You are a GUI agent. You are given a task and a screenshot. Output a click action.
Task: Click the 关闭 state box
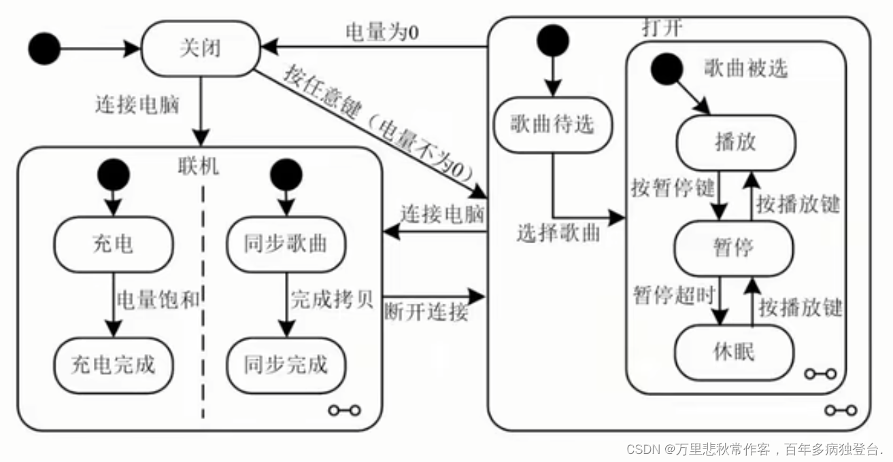coord(200,49)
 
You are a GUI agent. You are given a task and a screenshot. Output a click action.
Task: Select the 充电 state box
coord(114,244)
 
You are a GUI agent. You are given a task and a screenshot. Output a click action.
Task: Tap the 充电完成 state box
coord(114,365)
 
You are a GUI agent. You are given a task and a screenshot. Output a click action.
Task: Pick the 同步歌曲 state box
coord(286,244)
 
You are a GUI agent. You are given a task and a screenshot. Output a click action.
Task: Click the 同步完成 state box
coord(286,365)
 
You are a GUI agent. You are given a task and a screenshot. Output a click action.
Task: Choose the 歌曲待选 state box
coord(552,124)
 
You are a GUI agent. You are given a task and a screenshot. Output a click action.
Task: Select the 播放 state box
coord(735,142)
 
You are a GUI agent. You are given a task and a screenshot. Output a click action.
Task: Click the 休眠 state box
coord(734,352)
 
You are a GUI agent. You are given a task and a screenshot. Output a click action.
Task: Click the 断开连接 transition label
coord(426,313)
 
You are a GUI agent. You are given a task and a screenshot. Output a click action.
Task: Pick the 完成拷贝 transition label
coord(333,299)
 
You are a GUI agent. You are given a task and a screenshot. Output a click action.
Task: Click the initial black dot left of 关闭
coord(45,48)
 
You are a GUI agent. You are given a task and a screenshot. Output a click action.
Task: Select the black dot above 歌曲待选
coord(552,40)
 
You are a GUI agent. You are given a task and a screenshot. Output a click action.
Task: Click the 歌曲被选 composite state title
coord(745,69)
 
